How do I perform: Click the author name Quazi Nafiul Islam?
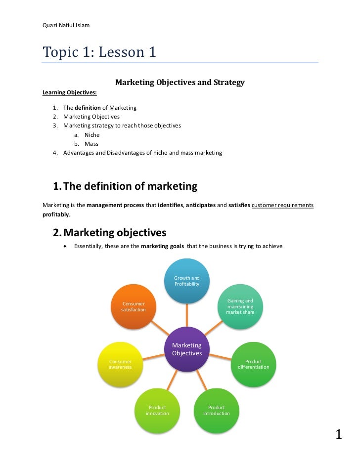click(66, 25)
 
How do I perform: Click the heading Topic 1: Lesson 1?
click(99, 52)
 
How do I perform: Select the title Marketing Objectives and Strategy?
click(180, 83)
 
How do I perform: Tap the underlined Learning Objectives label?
click(69, 92)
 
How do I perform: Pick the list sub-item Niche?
click(91, 134)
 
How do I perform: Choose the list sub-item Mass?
click(91, 144)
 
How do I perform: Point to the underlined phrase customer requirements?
click(282, 205)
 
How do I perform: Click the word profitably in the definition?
click(55, 215)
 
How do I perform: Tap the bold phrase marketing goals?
click(162, 246)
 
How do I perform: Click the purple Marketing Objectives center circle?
click(187, 349)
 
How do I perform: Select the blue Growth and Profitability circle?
click(187, 281)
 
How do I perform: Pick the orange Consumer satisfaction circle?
click(134, 306)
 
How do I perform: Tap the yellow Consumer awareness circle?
click(120, 364)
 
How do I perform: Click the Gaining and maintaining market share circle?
click(240, 306)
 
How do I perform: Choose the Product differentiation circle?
click(253, 364)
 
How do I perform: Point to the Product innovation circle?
click(157, 410)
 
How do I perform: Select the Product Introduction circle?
click(217, 410)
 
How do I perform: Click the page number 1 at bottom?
click(339, 435)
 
